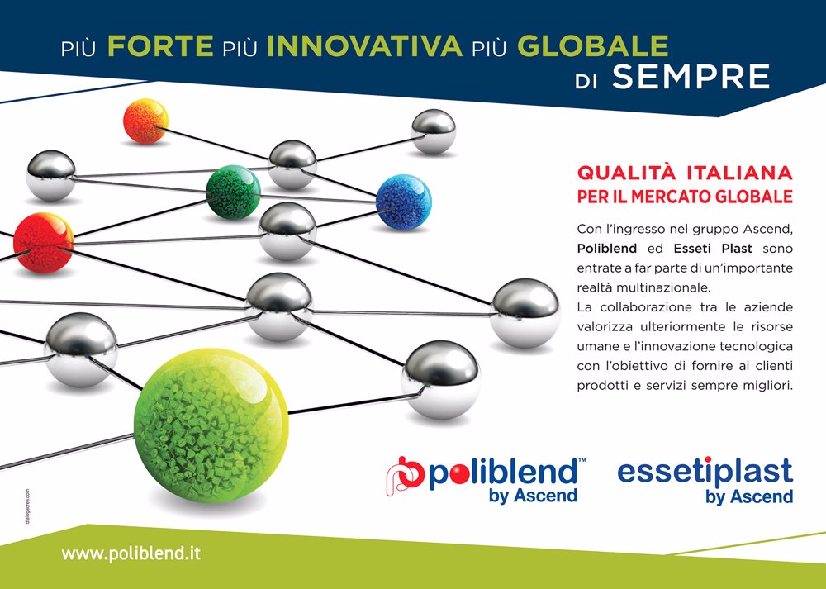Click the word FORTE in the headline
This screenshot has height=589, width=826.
tap(160, 45)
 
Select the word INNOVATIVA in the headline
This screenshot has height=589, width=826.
tap(364, 45)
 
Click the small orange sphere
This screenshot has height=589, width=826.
tap(146, 121)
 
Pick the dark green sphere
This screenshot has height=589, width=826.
tap(233, 192)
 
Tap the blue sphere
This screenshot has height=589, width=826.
tap(404, 202)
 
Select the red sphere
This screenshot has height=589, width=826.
tap(43, 243)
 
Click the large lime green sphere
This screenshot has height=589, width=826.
tap(211, 425)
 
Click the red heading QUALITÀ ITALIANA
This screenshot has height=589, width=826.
tap(685, 173)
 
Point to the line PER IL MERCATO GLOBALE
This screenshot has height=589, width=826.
tap(685, 197)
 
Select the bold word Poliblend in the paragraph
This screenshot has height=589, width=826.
tap(607, 248)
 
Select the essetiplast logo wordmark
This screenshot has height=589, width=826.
tap(705, 472)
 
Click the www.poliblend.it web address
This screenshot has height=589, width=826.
tap(131, 553)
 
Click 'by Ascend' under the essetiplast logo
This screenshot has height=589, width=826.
tap(749, 496)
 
